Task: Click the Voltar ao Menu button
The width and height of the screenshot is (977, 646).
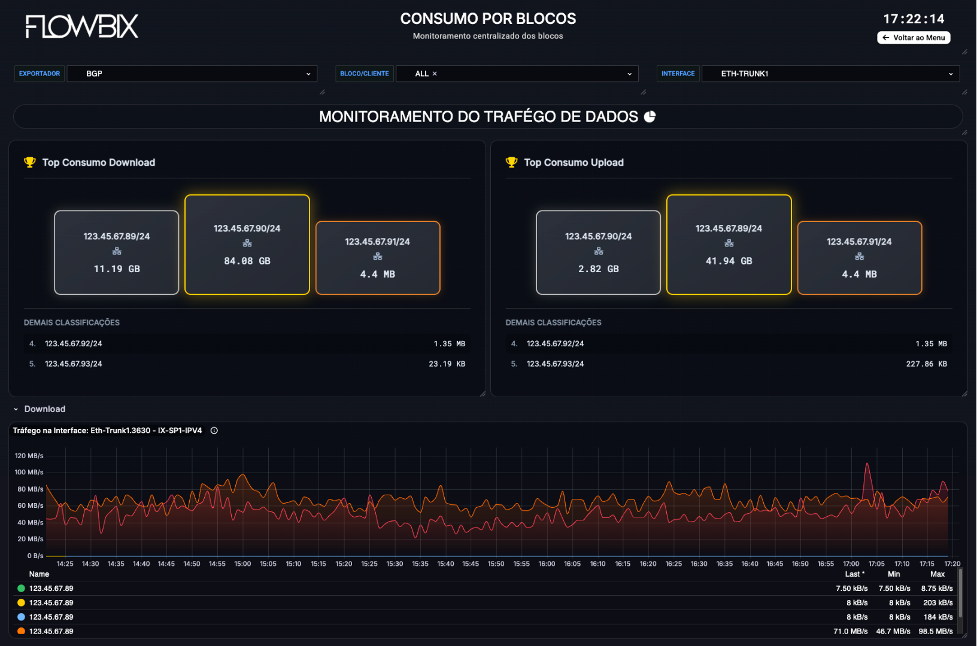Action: pos(914,38)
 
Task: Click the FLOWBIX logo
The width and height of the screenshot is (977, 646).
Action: pos(82,27)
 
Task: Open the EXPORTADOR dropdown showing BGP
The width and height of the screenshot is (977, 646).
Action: pos(192,74)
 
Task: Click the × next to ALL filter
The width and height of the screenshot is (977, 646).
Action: pos(435,74)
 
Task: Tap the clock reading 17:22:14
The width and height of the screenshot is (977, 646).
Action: pos(914,19)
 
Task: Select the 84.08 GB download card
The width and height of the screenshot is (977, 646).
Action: pos(247,244)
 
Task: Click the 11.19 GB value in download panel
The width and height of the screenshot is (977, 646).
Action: pos(117,269)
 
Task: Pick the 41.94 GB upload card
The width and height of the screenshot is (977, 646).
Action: pos(729,244)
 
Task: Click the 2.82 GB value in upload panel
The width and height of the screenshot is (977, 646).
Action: pos(598,269)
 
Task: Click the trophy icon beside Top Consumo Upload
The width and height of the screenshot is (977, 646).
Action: pos(511,162)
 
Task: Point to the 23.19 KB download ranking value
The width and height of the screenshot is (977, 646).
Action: pos(447,364)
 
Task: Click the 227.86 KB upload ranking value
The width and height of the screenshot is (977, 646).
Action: pos(926,364)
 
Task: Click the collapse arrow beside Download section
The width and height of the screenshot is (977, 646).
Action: pos(16,409)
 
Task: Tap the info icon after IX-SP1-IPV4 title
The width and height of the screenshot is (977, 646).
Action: pos(214,431)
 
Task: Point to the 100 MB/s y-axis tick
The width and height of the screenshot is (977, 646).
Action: pos(29,473)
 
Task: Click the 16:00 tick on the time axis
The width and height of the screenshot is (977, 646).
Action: pos(547,564)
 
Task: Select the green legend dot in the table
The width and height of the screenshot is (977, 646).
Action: pos(21,589)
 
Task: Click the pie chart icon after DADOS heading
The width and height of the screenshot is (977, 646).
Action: pos(650,117)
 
